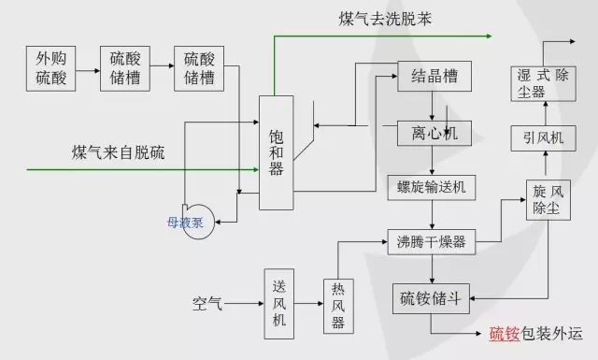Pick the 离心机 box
pyautogui.click(x=432, y=134)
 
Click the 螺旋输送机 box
pyautogui.click(x=432, y=186)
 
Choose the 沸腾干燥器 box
pyautogui.click(x=432, y=241)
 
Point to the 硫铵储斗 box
pyautogui.click(x=432, y=298)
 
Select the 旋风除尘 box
pyautogui.click(x=547, y=199)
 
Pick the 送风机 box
pyautogui.click(x=278, y=304)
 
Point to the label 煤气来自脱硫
pyautogui.click(x=118, y=152)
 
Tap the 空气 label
pyautogui.click(x=207, y=303)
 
